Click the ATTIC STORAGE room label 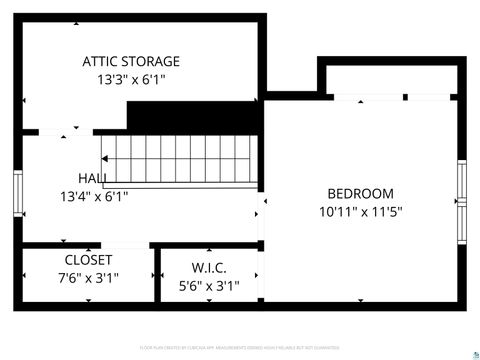(131, 61)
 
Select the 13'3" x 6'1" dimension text (131, 79)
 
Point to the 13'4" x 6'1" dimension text (94, 197)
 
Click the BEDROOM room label (360, 194)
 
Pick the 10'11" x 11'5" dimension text (360, 212)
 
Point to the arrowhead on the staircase (112, 160)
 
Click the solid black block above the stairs (194, 117)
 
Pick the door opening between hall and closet (126, 244)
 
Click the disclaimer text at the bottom (240, 347)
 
